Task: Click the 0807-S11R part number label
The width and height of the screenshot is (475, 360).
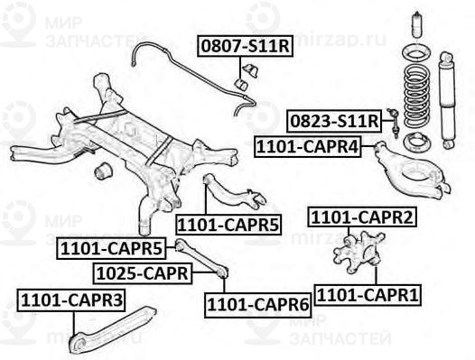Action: pyautogui.click(x=245, y=45)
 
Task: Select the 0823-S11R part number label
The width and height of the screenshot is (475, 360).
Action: pyautogui.click(x=333, y=120)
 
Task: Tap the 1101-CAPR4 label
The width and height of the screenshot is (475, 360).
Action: pyautogui.click(x=308, y=144)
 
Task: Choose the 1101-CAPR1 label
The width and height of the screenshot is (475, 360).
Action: pyautogui.click(x=358, y=294)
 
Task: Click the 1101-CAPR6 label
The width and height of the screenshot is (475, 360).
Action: pyautogui.click(x=257, y=305)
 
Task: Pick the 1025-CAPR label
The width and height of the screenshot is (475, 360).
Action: pyautogui.click(x=141, y=272)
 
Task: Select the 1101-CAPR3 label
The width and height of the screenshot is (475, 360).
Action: pyautogui.click(x=72, y=299)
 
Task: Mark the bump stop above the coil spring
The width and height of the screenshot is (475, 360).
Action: pyautogui.click(x=416, y=27)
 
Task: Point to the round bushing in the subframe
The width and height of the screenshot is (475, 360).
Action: pyautogui.click(x=103, y=169)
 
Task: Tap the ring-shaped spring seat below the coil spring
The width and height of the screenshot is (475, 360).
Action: pyautogui.click(x=418, y=142)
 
